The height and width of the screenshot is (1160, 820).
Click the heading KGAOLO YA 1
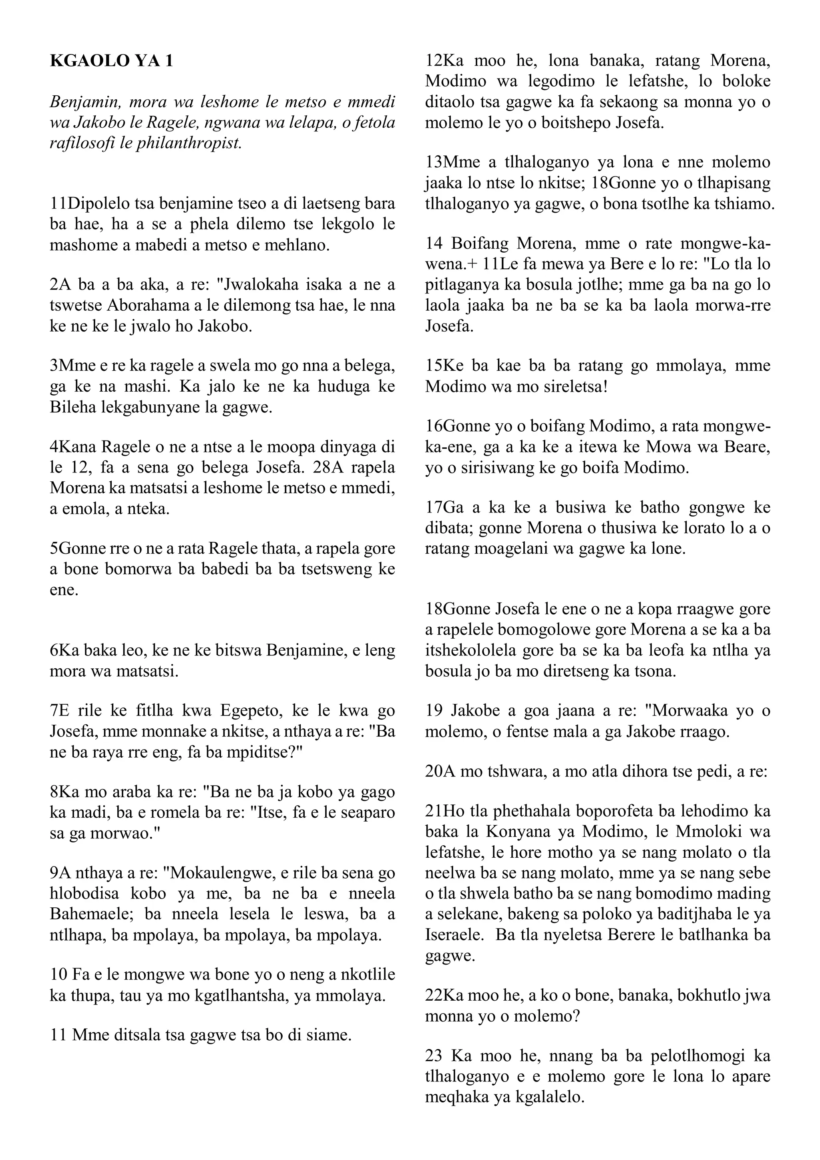click(x=111, y=61)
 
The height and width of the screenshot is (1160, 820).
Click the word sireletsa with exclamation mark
click(x=561, y=386)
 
